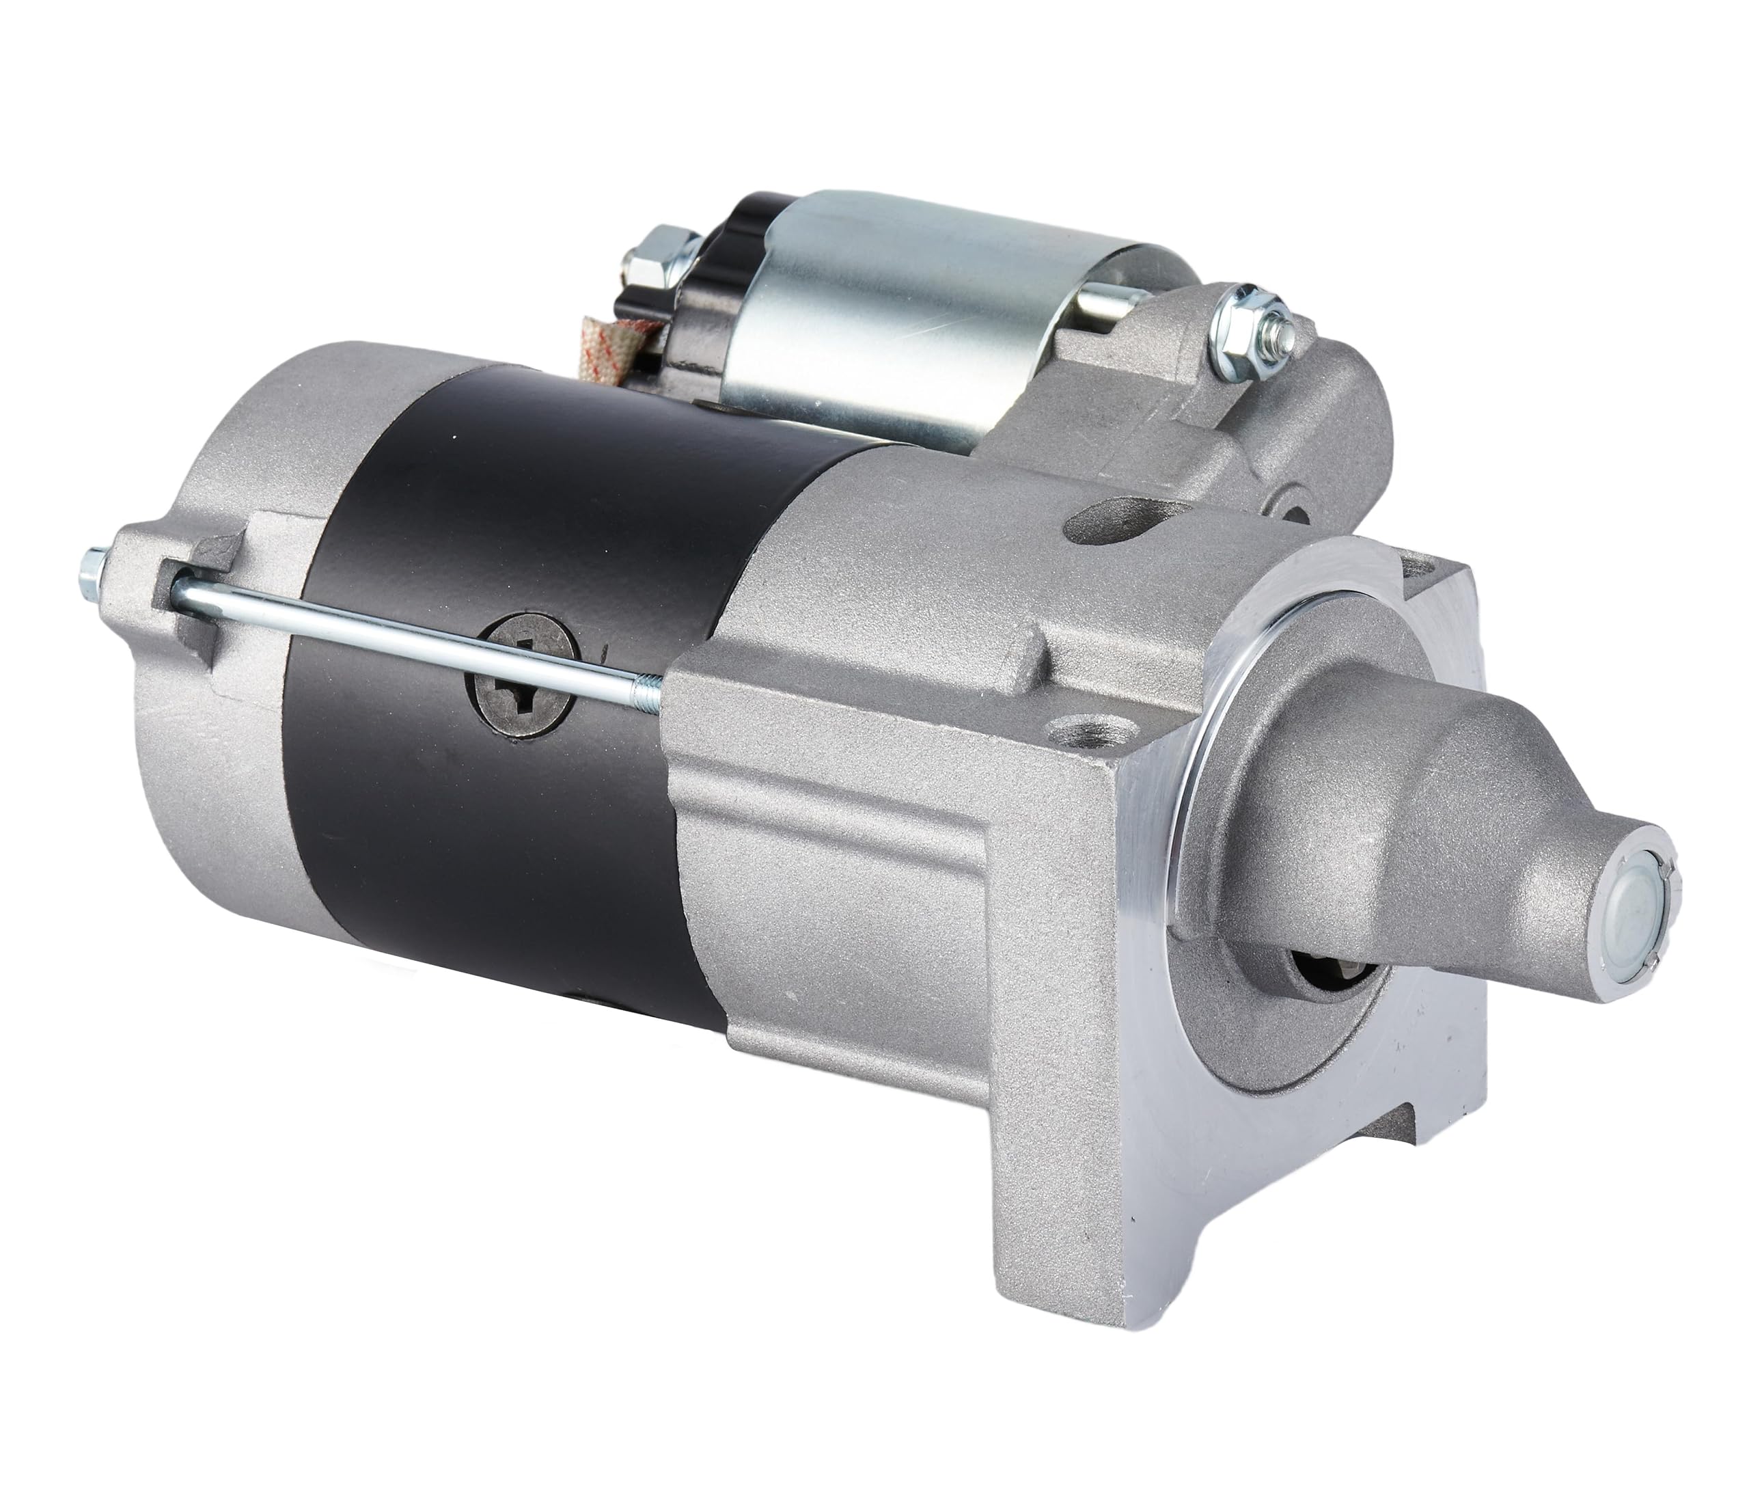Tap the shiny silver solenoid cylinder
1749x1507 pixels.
[895, 304]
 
